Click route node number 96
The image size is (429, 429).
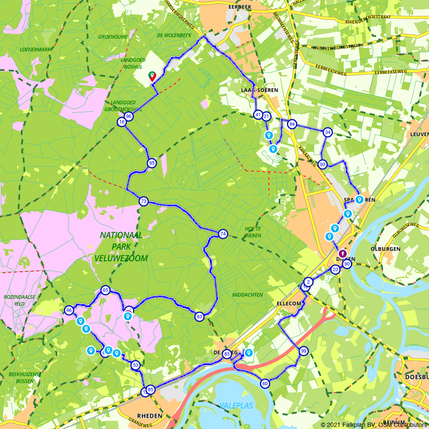coord(128,117)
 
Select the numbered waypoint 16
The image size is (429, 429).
coord(121,122)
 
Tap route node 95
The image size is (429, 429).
coord(151,163)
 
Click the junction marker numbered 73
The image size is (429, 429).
coord(143,201)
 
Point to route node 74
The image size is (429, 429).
coord(223,234)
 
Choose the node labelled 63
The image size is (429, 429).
coord(199,317)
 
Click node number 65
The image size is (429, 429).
coord(105,290)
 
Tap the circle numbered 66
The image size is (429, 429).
coord(69,310)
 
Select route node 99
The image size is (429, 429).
coord(304,351)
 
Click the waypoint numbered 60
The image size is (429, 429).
coord(265,384)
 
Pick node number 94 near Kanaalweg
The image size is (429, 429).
coord(292,124)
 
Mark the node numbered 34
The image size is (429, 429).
coord(328,132)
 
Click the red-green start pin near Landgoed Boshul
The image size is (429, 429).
coord(152,76)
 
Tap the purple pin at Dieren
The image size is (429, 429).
coord(343,254)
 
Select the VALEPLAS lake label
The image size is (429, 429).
coord(237,405)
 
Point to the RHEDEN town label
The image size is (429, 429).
coord(150,416)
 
